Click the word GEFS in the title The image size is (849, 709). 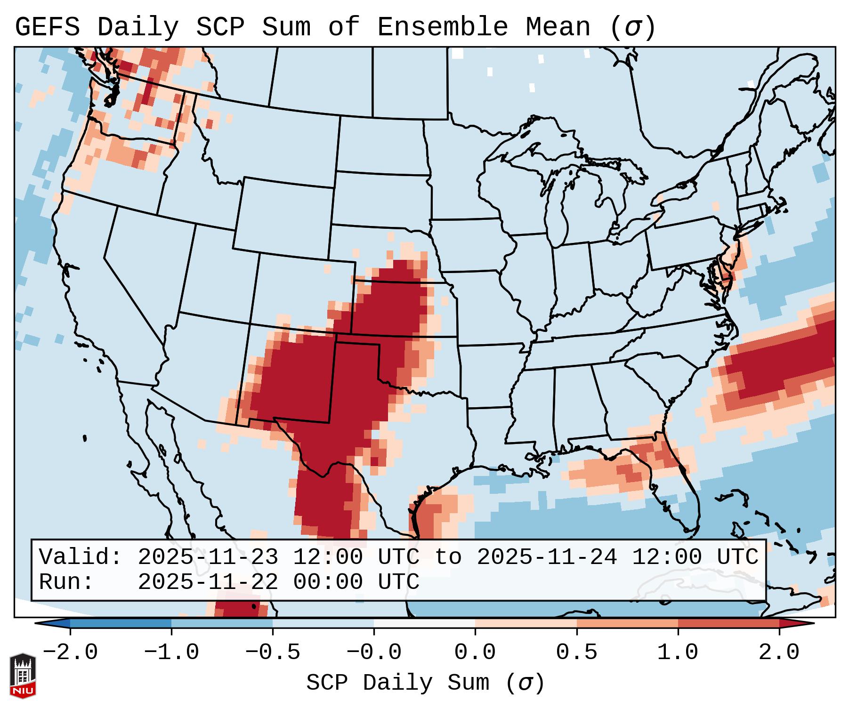pos(47,27)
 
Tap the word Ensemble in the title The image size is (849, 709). pos(442,27)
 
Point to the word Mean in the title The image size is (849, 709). pos(558,27)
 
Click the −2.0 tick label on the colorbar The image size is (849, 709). pos(70,653)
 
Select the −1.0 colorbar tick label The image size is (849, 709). pos(171,653)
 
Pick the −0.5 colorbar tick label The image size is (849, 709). pos(273,653)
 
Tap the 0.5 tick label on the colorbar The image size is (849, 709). pos(577,653)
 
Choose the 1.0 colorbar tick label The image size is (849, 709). pos(678,653)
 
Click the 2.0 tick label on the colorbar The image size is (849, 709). pos(779,653)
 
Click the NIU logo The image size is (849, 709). pos(23,676)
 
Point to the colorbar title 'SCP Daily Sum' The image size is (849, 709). pos(397,683)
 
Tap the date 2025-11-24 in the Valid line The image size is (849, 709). pos(547,557)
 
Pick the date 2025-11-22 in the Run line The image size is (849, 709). pos(208,582)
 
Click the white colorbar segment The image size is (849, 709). pos(424,624)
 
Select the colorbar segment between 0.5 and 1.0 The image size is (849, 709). pos(627,624)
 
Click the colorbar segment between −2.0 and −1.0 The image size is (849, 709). pos(121,624)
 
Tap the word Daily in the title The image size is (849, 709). pos(138,27)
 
